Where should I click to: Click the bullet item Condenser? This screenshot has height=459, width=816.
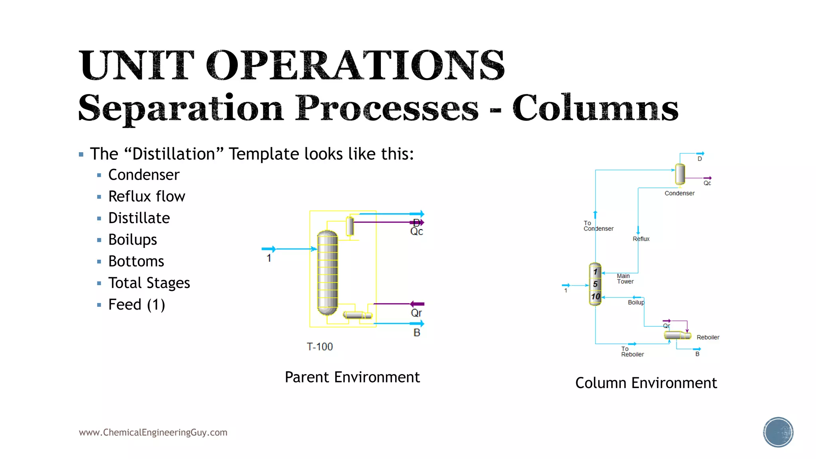coord(144,175)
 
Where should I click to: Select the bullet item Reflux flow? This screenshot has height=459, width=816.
coord(147,196)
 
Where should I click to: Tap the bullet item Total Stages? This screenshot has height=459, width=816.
coord(149,283)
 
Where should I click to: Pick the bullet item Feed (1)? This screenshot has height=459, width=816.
coord(137,305)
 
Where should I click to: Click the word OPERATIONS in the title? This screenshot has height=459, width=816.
coord(355,65)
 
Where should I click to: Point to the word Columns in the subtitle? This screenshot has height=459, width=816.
coord(595,108)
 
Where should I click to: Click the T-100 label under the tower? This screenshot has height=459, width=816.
coord(320,347)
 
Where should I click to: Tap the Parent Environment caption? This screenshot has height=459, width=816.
coord(352,377)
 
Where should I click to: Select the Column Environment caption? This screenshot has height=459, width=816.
coord(646,383)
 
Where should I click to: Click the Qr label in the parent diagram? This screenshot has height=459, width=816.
coord(416,313)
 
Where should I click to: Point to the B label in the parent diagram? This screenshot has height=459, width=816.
coord(417,333)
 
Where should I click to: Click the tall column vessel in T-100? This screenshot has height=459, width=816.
coord(327,273)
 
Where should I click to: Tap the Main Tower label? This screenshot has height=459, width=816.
coord(625,279)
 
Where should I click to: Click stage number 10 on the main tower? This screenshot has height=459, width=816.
coord(595,296)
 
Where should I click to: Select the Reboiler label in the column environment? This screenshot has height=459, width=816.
coord(708,337)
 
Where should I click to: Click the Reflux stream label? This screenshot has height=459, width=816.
coord(641,239)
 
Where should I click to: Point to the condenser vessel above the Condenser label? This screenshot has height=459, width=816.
coord(680,174)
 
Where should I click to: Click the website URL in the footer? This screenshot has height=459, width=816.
coord(153,433)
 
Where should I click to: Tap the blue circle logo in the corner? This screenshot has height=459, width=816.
coord(778,432)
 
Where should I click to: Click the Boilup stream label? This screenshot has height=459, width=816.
coord(636,302)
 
